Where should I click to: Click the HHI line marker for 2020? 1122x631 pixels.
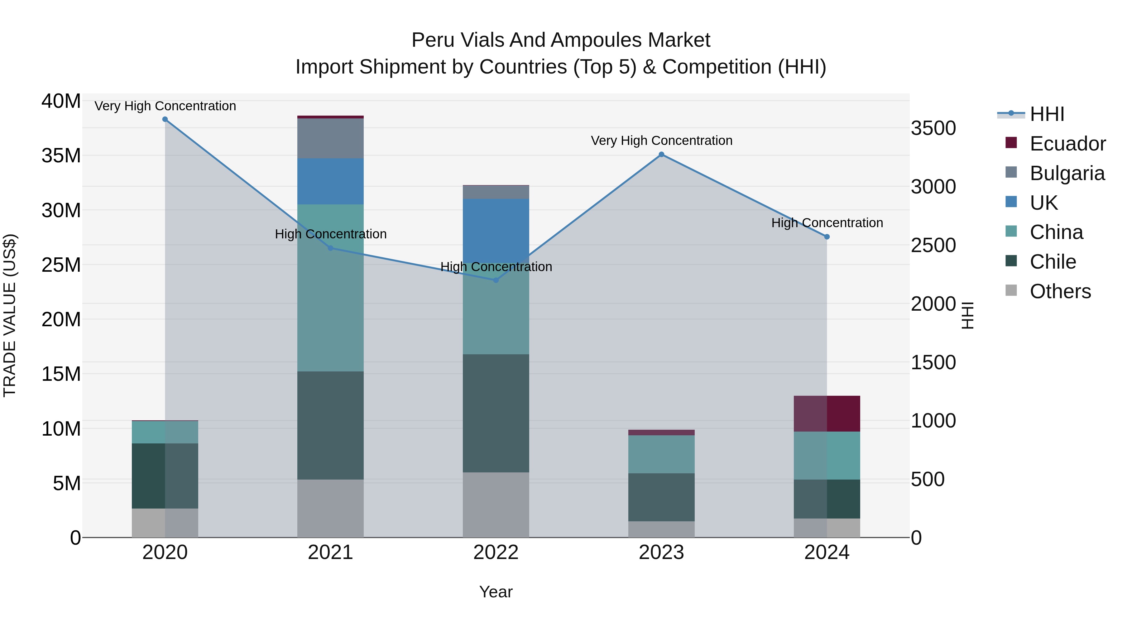[x=165, y=119]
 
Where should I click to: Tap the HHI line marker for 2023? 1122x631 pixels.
[x=661, y=155]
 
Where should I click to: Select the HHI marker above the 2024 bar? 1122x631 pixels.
[x=827, y=237]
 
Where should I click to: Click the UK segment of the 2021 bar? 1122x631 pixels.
[x=330, y=181]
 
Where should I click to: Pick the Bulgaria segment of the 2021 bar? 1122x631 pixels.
[x=330, y=138]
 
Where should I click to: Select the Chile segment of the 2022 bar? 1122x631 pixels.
[x=496, y=413]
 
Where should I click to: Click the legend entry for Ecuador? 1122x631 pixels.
[x=1067, y=144]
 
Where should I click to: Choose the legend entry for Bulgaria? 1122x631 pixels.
[x=1067, y=173]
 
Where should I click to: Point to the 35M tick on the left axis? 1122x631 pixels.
[x=61, y=156]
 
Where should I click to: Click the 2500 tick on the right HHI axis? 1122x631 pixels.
[x=933, y=246]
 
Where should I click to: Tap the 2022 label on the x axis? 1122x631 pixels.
[x=496, y=552]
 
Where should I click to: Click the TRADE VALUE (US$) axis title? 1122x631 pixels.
[x=10, y=315]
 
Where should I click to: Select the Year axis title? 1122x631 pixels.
[x=496, y=592]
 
